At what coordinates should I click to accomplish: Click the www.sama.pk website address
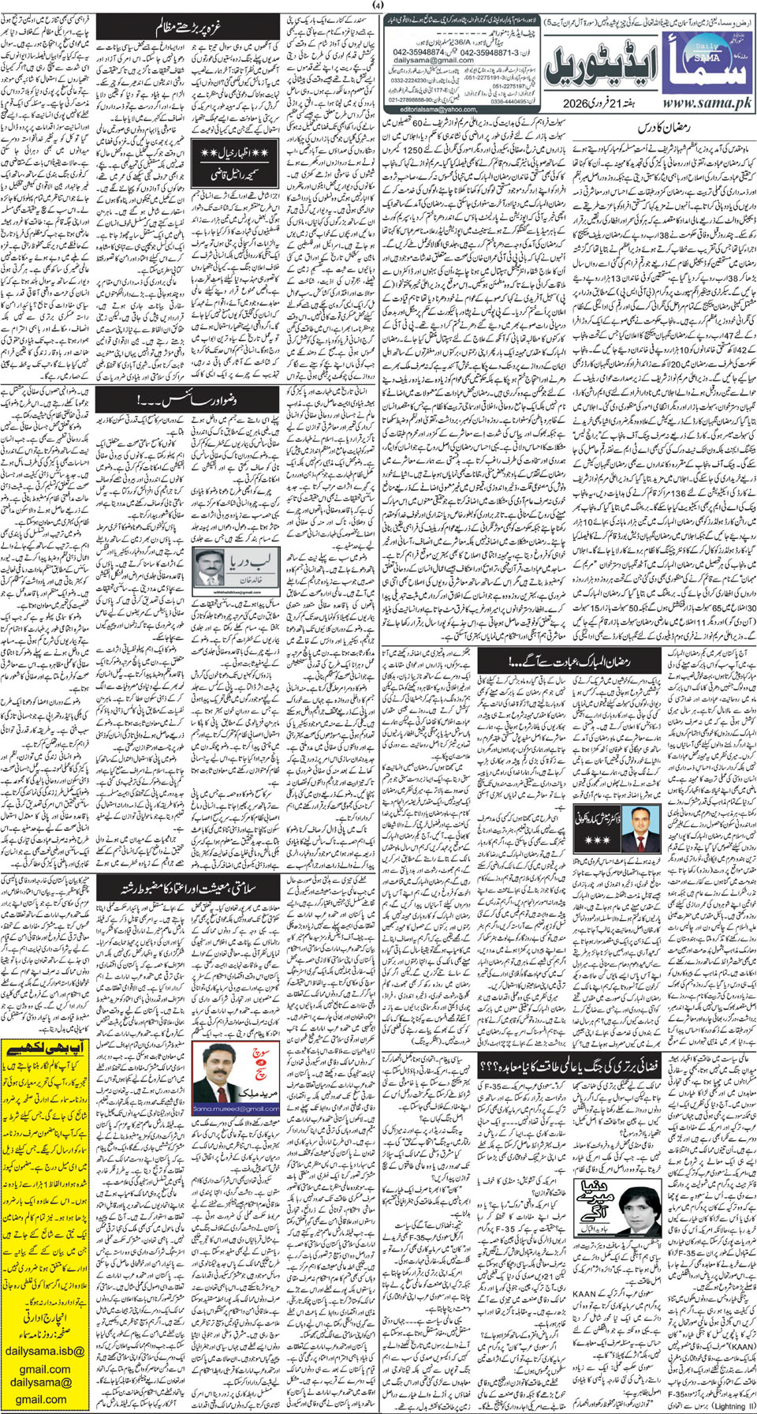click(x=707, y=103)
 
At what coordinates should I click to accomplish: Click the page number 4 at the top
click(x=378, y=6)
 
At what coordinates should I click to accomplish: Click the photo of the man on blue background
click(x=641, y=828)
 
